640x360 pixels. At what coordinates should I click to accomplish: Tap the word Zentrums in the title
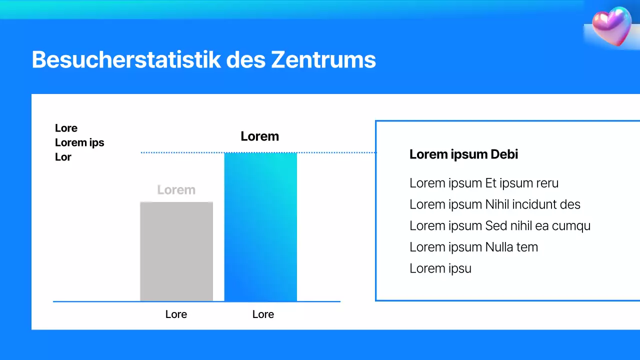pyautogui.click(x=323, y=60)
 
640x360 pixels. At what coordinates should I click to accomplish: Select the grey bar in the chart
pyautogui.click(x=176, y=251)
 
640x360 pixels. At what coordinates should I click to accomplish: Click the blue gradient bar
pyautogui.click(x=260, y=227)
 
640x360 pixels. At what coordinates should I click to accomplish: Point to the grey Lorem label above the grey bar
pyautogui.click(x=176, y=190)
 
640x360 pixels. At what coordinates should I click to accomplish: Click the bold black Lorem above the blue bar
pyautogui.click(x=259, y=136)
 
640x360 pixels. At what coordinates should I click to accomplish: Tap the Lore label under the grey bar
pyautogui.click(x=176, y=314)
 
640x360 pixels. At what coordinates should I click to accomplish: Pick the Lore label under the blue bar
pyautogui.click(x=263, y=314)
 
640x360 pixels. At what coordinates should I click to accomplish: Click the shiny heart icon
pyautogui.click(x=611, y=26)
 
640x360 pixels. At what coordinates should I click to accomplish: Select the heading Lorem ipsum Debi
pyautogui.click(x=463, y=154)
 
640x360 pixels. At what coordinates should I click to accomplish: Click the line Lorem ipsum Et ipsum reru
pyautogui.click(x=483, y=183)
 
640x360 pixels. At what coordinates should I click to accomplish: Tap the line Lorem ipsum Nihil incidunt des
pyautogui.click(x=494, y=204)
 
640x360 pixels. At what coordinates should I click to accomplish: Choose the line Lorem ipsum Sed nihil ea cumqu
pyautogui.click(x=499, y=226)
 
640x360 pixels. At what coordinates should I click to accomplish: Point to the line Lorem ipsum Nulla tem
pyautogui.click(x=473, y=247)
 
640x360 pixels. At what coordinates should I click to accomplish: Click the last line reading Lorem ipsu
pyautogui.click(x=440, y=268)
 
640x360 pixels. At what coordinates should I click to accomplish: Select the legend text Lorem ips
pyautogui.click(x=79, y=142)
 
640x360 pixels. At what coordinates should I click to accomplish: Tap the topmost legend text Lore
pyautogui.click(x=66, y=128)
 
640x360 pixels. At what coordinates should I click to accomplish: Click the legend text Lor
pyautogui.click(x=63, y=157)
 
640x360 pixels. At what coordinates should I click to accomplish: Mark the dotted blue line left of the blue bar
pyautogui.click(x=182, y=152)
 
